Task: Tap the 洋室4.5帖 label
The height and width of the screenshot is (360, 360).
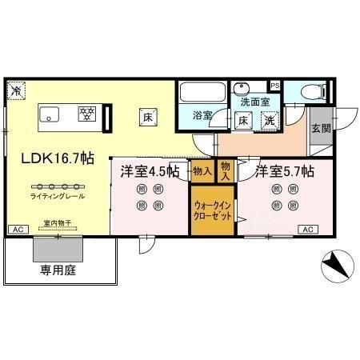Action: coord(149,170)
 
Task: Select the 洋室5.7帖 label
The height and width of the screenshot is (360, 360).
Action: coord(283,170)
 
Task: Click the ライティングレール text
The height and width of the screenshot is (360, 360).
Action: coord(57,196)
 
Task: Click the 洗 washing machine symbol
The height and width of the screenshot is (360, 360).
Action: coord(270,121)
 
